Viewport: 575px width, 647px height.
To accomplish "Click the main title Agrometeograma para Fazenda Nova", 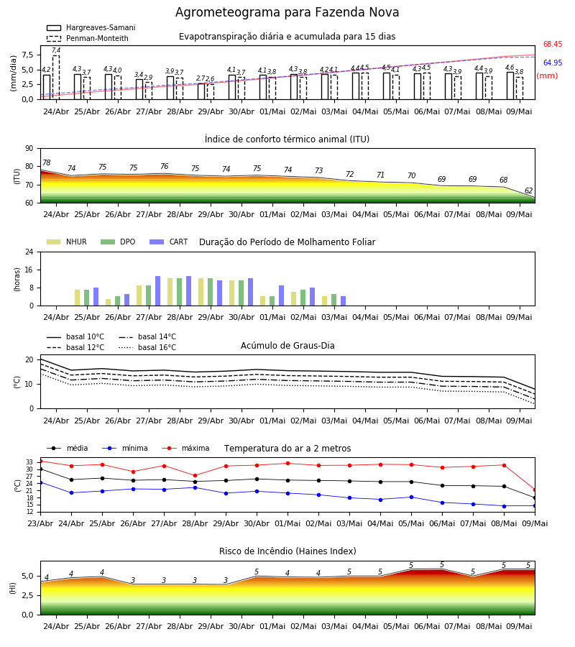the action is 287,12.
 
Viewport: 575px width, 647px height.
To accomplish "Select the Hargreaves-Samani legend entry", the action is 91,27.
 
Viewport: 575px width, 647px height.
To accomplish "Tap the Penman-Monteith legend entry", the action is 88,38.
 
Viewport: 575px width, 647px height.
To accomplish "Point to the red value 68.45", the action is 553,44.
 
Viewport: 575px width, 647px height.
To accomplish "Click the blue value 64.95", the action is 553,63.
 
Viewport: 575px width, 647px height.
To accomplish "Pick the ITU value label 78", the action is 47,162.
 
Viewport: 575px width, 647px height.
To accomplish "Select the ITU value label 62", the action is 529,191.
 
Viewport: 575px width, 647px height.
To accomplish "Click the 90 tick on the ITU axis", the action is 29,149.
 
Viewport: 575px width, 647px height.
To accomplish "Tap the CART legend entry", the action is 169,242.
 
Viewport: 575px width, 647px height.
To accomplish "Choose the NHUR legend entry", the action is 67,242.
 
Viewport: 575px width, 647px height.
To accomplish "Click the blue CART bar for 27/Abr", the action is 158,291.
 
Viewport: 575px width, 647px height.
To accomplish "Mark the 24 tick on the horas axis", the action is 29,252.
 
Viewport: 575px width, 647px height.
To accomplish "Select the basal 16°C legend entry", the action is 147,347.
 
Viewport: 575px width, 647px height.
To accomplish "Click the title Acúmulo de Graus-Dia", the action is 287,345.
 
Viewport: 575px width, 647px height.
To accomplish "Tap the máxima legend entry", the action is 185,448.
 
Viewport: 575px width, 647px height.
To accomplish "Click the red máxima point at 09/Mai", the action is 535,490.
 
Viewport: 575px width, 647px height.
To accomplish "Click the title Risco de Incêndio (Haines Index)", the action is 287,551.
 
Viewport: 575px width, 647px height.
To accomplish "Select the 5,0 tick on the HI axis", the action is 28,577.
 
